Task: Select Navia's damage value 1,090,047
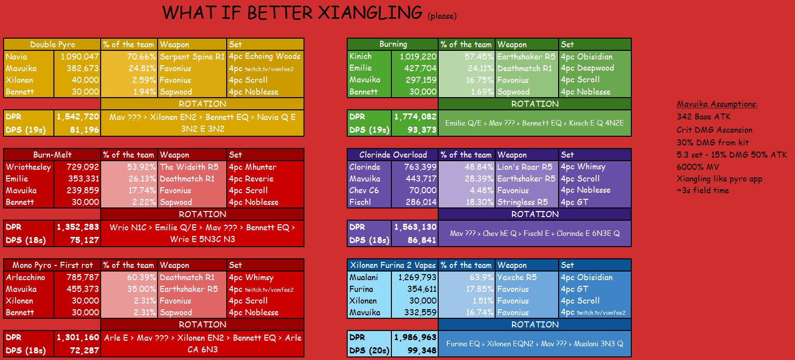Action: pyautogui.click(x=80, y=56)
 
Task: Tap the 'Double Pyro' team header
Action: pyautogui.click(x=52, y=45)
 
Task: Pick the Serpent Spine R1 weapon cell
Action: pyautogui.click(x=192, y=56)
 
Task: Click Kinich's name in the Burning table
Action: pyautogui.click(x=360, y=56)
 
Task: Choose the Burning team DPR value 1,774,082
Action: pyautogui.click(x=415, y=116)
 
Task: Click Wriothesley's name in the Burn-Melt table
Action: pyautogui.click(x=28, y=167)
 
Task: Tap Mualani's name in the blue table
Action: pyautogui.click(x=363, y=277)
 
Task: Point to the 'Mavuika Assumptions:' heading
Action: pyautogui.click(x=717, y=104)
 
